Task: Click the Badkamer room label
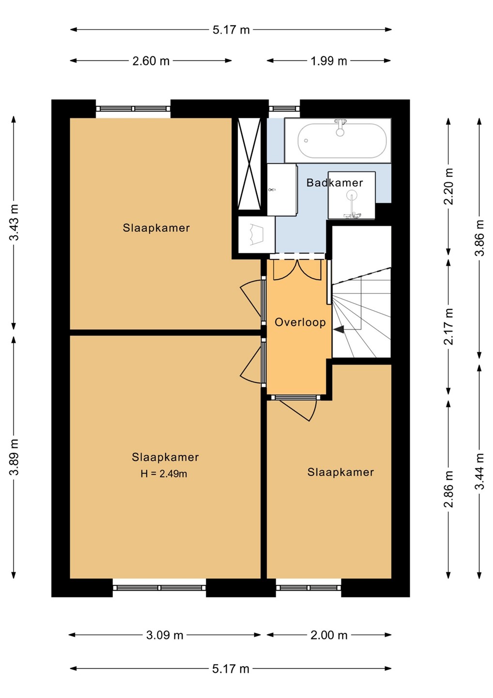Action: [x=335, y=183]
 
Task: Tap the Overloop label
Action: [x=300, y=322]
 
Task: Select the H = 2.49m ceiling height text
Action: [x=164, y=474]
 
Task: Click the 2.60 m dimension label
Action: [x=151, y=61]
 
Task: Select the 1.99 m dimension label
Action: [x=329, y=61]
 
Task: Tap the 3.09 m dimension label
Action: [x=165, y=635]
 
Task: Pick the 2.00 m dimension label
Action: [x=329, y=635]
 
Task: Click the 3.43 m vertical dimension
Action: [x=14, y=222]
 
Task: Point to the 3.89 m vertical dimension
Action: [x=14, y=457]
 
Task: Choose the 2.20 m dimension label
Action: [x=448, y=186]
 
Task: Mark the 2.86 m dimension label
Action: [x=448, y=489]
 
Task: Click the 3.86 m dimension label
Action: [x=479, y=238]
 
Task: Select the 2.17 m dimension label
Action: [x=448, y=326]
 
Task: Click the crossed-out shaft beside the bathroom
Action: [x=249, y=164]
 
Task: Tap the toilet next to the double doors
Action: [x=257, y=234]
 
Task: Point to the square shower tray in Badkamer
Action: [x=352, y=195]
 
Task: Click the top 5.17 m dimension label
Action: [x=231, y=30]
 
